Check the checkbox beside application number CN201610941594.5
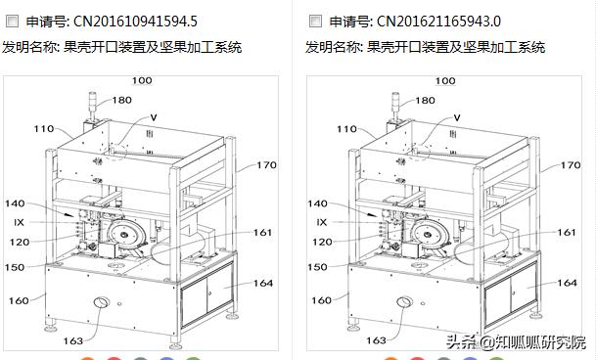(x=13, y=21)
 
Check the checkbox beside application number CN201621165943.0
(x=315, y=21)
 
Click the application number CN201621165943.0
(x=439, y=21)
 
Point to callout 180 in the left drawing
(x=121, y=100)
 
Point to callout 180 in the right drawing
(x=426, y=100)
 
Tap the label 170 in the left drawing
(x=267, y=165)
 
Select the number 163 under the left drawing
(x=73, y=340)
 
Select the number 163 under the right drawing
(x=377, y=340)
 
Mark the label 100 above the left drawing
(x=142, y=80)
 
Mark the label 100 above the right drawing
(x=445, y=80)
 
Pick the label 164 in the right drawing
(x=566, y=283)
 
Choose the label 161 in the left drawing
(x=263, y=233)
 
